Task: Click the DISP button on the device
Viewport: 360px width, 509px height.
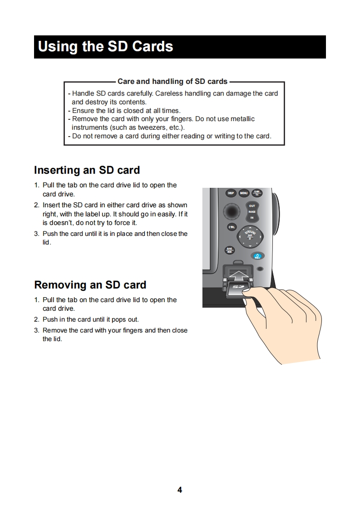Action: tap(231, 193)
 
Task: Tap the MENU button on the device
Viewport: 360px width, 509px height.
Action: tap(244, 193)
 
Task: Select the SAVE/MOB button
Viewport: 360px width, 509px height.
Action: tap(230, 250)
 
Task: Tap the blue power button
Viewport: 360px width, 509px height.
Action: tap(257, 257)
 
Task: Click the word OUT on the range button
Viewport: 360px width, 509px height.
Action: tap(252, 206)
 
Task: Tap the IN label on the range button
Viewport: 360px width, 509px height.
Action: tap(252, 218)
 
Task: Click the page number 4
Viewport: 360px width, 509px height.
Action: tap(180, 489)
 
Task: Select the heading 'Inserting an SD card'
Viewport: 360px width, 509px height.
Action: tap(87, 171)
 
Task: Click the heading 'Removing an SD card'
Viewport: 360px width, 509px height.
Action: tap(90, 285)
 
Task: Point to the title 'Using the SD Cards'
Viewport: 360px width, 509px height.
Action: tap(106, 47)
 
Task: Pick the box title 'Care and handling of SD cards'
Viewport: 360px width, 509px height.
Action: tap(173, 82)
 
